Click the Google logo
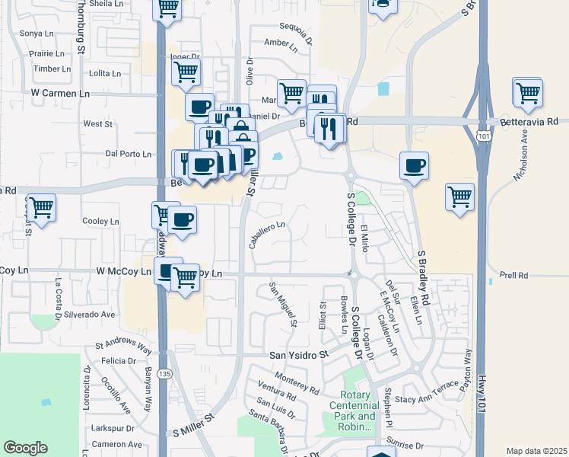click(x=25, y=448)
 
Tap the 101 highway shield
click(x=483, y=136)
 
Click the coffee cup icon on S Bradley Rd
click(x=414, y=165)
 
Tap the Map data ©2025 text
click(x=536, y=451)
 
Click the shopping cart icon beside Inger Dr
click(x=186, y=73)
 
